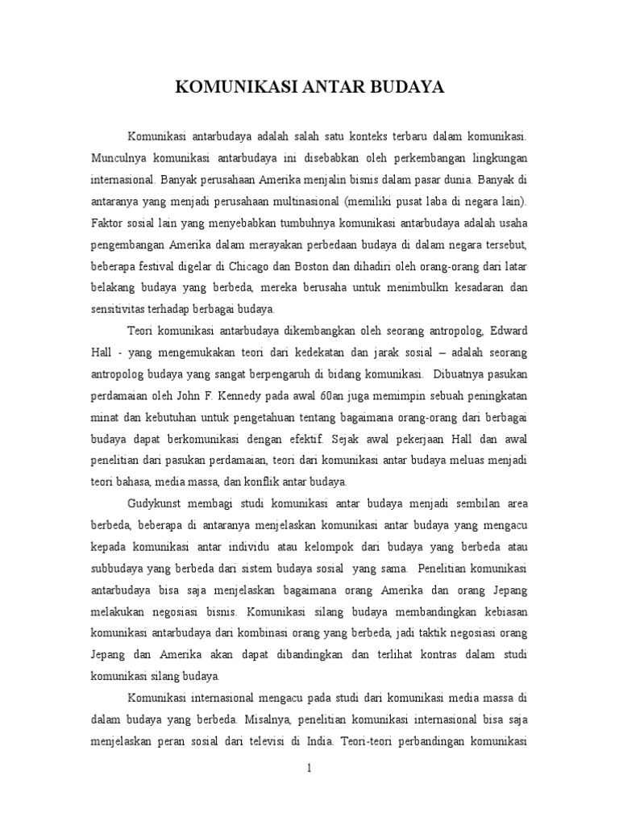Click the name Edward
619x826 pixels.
(508, 330)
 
